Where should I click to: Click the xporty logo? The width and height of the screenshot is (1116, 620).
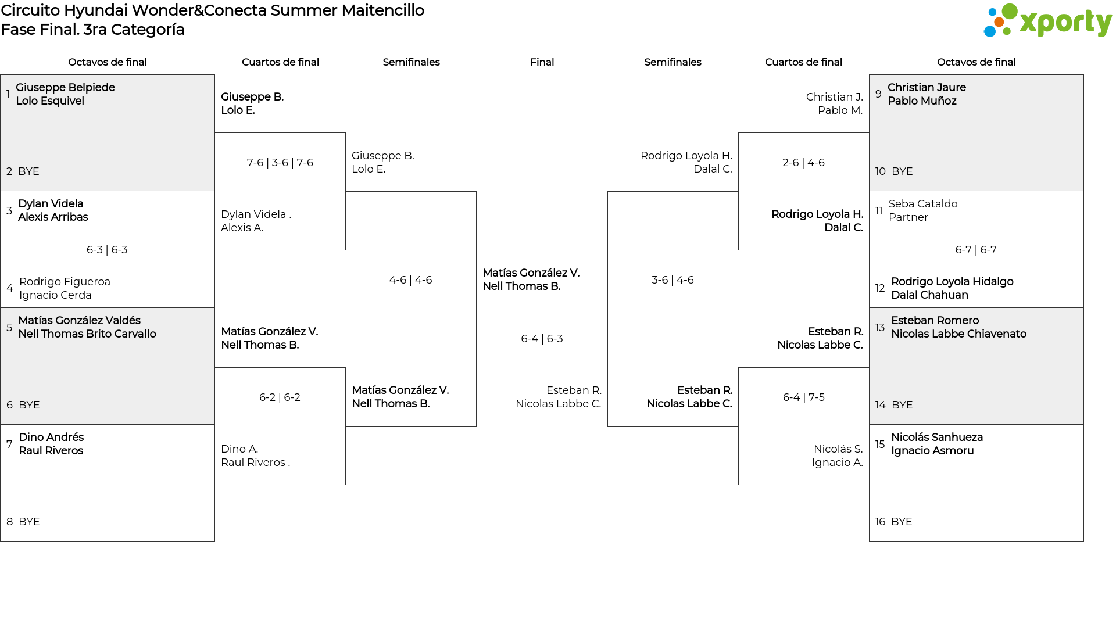point(1047,21)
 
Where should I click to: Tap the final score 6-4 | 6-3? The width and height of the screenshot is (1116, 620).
point(542,339)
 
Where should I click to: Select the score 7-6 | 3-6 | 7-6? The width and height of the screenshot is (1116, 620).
point(280,163)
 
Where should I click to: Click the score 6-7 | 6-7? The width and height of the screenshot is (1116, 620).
point(975,250)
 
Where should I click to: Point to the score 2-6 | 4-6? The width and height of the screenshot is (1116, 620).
point(803,163)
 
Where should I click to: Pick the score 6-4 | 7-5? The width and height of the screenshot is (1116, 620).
point(803,397)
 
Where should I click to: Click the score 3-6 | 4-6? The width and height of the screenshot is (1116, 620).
point(673,280)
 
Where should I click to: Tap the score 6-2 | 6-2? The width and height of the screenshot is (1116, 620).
point(280,397)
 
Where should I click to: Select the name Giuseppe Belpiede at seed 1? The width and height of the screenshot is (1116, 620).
point(65,88)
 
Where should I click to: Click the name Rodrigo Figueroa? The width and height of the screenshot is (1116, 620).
point(65,282)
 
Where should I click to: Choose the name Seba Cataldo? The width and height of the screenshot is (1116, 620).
point(922,204)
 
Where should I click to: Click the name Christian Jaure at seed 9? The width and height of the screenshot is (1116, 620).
point(927,88)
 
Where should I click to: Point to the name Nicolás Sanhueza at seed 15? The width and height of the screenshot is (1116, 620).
point(936,438)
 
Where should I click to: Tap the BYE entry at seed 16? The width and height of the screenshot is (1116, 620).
point(902,522)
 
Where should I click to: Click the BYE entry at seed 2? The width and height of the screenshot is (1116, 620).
point(28,171)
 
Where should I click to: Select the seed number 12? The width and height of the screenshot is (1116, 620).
point(880,288)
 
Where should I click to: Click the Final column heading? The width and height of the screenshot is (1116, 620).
point(542,62)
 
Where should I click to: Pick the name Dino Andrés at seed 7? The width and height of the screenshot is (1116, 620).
point(51,438)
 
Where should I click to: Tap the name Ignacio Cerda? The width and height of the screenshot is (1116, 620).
point(55,295)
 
